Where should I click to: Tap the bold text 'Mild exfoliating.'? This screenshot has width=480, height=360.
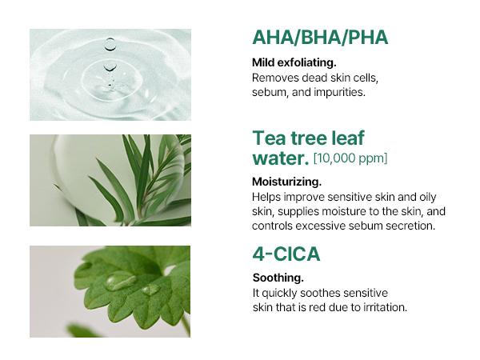pyautogui.click(x=294, y=62)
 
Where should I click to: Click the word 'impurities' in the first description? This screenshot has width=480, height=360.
pyautogui.click(x=341, y=92)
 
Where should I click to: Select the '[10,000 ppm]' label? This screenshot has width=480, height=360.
pyautogui.click(x=350, y=158)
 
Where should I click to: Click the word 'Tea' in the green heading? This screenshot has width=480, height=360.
pyautogui.click(x=270, y=138)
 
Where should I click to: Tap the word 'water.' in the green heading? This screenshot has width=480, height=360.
pyautogui.click(x=280, y=158)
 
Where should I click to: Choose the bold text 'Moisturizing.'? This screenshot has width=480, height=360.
pyautogui.click(x=286, y=182)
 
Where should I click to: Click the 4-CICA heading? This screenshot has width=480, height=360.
pyautogui.click(x=286, y=255)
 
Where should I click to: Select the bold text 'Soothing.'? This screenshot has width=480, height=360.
pyautogui.click(x=278, y=278)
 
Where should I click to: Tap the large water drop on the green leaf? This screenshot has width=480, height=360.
pyautogui.click(x=120, y=281)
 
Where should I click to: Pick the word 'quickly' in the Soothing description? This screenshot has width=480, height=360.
pyautogui.click(x=282, y=293)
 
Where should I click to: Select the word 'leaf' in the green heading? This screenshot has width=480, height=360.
pyautogui.click(x=344, y=138)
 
